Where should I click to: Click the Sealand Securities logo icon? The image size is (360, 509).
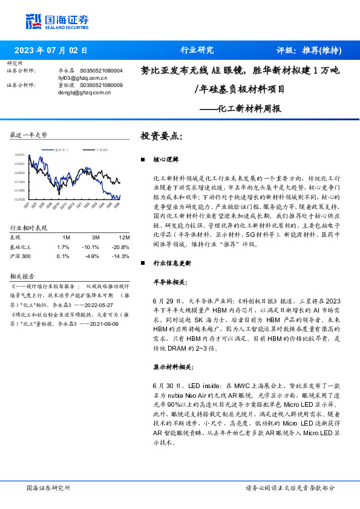pyautogui.click(x=33, y=21)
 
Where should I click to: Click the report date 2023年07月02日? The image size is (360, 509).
pyautogui.click(x=50, y=50)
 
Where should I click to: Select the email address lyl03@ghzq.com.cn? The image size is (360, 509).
pyautogui.click(x=82, y=78)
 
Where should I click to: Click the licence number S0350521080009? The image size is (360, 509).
pyautogui.click(x=101, y=85)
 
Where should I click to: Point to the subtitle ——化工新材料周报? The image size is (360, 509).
pyautogui.click(x=249, y=109)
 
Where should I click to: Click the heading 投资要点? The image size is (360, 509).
pyautogui.click(x=161, y=136)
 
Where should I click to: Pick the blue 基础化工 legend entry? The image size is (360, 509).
pyautogui.click(x=59, y=149)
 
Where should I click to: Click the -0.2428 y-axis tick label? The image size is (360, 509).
pyautogui.click(x=19, y=199)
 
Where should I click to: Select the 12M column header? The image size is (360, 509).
pyautogui.click(x=124, y=238)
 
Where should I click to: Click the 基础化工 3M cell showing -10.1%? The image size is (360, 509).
pyautogui.click(x=91, y=247)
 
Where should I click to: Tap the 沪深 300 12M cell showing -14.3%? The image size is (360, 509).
pyautogui.click(x=120, y=256)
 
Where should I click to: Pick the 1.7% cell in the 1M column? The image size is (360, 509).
pyautogui.click(x=63, y=247)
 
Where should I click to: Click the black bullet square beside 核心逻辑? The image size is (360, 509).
pyautogui.click(x=142, y=160)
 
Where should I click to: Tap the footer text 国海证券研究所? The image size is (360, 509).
pyautogui.click(x=49, y=487)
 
